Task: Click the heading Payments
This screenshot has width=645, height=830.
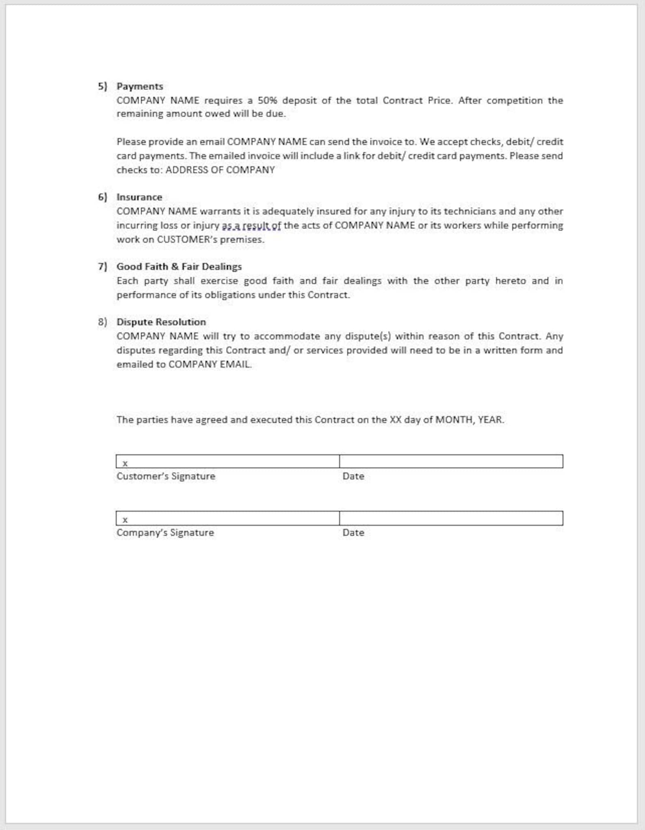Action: coord(140,86)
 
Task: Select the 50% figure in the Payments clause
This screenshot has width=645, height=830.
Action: coord(267,100)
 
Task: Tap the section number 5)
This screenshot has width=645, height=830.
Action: coord(102,86)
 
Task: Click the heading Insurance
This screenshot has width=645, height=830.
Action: coord(139,197)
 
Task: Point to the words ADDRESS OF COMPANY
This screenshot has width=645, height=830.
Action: coord(220,170)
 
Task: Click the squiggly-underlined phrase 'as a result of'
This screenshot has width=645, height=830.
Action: coord(251,225)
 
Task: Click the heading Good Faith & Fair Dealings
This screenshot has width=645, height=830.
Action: coord(179,266)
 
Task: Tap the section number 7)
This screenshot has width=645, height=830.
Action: coord(102,266)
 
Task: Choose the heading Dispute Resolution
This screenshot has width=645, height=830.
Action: coord(161,322)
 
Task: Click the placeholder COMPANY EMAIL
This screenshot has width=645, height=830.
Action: coord(210,364)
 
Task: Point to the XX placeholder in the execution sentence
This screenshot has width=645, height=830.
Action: coord(395,420)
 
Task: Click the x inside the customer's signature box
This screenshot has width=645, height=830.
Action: coord(125,463)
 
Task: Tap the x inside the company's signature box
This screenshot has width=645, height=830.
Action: coord(125,520)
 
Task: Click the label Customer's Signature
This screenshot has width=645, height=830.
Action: coord(166,476)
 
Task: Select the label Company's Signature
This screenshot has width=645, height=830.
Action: coord(165,533)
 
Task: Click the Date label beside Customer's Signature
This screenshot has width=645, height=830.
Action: coord(353,476)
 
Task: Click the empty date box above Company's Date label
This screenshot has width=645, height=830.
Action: coord(451,518)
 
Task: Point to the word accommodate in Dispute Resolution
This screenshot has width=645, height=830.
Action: coord(286,336)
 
